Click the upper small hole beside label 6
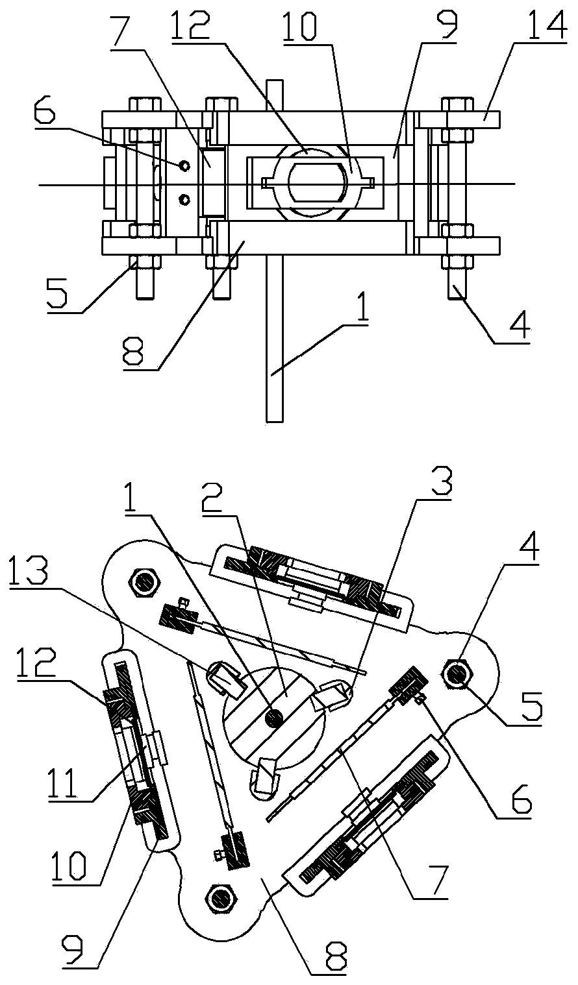click(185, 166)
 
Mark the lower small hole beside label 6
click(185, 199)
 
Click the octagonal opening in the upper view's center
click(314, 184)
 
